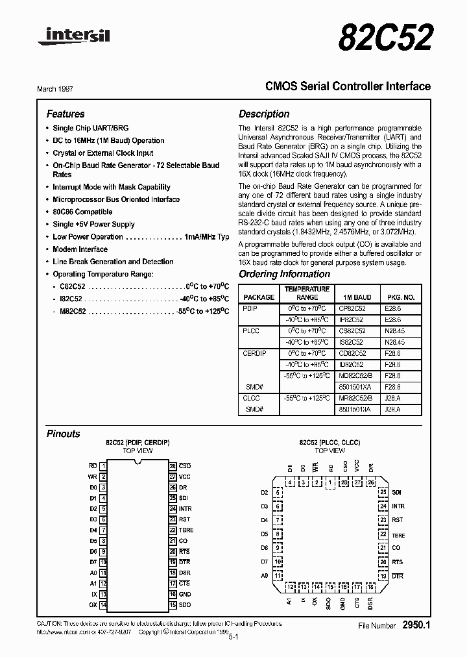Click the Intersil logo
(73, 36)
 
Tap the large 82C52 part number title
(385, 37)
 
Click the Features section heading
(65, 114)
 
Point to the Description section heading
(265, 114)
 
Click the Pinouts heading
(63, 434)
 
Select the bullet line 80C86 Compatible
(82, 212)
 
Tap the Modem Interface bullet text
(80, 249)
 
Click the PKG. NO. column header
(401, 297)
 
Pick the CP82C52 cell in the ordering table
(352, 310)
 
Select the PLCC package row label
(251, 331)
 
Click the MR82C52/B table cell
(354, 397)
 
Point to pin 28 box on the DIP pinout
(173, 466)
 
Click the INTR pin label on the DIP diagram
(186, 508)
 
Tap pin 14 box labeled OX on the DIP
(103, 605)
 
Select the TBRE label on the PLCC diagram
(398, 536)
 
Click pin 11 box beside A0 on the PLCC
(278, 576)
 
